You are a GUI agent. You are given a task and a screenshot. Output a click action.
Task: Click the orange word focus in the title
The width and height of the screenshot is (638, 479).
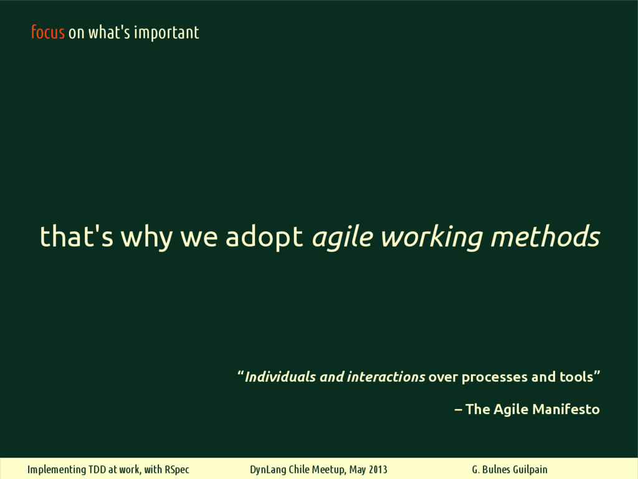point(48,32)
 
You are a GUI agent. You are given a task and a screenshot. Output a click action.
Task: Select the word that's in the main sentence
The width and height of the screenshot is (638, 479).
point(77,236)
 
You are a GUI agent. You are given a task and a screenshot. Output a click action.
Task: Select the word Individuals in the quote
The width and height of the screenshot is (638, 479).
point(280,377)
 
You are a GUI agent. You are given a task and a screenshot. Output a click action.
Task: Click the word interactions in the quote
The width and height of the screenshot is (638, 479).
point(386,377)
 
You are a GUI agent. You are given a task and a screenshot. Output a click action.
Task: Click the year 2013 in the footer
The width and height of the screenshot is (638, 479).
point(378,469)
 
